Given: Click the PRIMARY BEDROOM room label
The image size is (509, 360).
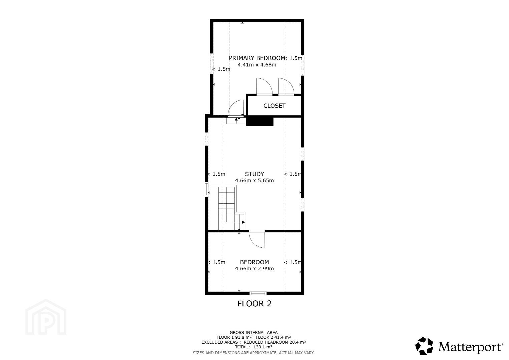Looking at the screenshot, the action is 257,58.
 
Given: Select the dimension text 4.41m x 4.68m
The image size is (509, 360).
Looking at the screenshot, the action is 257,65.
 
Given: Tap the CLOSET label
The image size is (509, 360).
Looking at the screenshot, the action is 274,106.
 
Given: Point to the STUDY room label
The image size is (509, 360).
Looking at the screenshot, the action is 254,174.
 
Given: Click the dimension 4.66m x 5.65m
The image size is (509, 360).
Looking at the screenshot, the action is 254,181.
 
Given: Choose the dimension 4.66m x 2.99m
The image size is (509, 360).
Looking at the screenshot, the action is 254,269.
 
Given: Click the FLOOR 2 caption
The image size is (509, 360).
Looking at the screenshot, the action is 254,304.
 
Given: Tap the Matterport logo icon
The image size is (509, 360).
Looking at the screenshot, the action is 424,346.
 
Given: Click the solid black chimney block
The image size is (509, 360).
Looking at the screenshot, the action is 260,121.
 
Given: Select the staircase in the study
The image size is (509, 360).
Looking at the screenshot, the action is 232,208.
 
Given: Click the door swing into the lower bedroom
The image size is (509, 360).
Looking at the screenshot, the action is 257,239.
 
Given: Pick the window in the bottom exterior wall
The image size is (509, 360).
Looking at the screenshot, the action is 258,293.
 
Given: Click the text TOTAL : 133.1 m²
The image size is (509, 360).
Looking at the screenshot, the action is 253,347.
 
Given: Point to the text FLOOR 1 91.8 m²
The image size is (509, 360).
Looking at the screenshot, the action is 234,337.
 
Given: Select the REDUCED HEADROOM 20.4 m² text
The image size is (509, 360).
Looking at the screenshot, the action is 275,342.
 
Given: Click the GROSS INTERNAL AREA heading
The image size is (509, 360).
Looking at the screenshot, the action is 253,333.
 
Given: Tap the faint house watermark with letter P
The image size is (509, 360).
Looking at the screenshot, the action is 46,317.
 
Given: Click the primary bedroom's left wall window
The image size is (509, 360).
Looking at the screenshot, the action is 211,64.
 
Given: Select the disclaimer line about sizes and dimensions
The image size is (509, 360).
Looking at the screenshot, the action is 253,353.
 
